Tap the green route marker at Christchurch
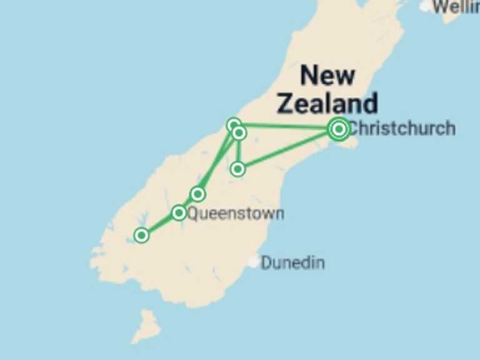pos(339,129)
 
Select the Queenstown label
pos(236,214)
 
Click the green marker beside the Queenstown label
pos(179,213)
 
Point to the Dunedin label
pos(292,262)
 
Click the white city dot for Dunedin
pos(253,262)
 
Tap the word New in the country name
pos(327,76)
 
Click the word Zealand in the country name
pos(327,103)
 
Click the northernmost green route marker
pos(234,125)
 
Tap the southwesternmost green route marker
pos(142,236)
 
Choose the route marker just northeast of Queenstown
pos(198,194)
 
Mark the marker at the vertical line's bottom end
pos(237,169)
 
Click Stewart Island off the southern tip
pos(147,326)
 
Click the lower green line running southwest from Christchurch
pos(287,149)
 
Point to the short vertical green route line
pos(238,151)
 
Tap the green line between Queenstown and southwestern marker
pos(160,224)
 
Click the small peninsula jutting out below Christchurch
pos(352,143)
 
